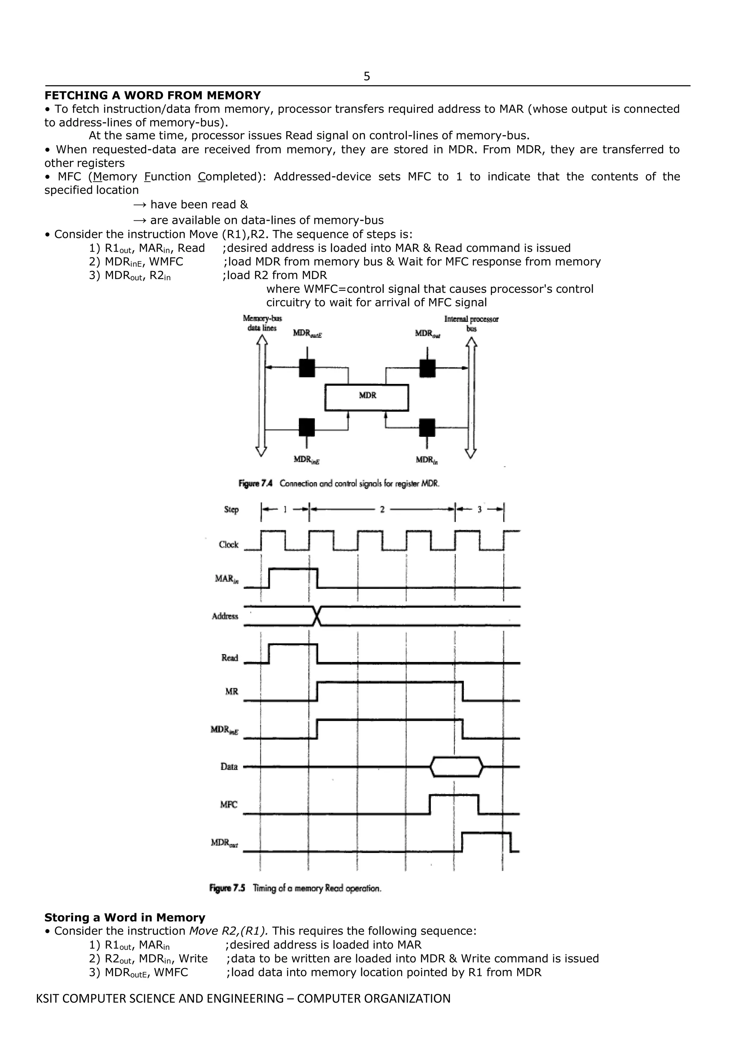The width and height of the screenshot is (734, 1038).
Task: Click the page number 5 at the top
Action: point(367,76)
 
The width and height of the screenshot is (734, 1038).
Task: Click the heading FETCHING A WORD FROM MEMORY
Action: point(152,95)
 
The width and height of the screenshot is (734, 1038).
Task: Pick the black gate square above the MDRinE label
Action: point(307,427)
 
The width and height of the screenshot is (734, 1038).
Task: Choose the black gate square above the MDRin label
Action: point(427,427)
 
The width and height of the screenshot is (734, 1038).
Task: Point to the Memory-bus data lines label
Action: point(262,323)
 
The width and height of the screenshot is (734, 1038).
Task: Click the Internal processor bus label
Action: point(471,323)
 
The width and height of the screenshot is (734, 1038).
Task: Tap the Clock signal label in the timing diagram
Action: point(228,545)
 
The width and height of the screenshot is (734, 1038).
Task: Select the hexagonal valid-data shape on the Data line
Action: point(457,767)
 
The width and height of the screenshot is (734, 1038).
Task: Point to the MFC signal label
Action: point(228,805)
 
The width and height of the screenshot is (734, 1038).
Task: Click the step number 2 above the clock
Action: point(382,510)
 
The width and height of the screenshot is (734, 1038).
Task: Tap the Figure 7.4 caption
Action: point(339,483)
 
